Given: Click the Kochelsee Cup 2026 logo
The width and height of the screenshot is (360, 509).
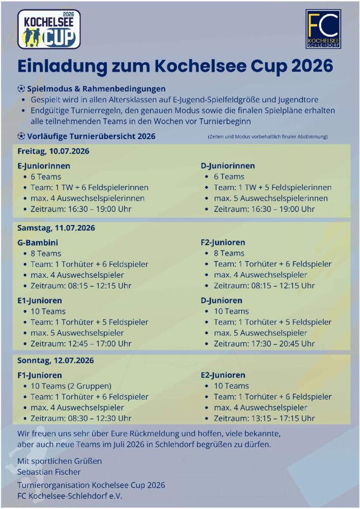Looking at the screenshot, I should pyautogui.click(x=49, y=29).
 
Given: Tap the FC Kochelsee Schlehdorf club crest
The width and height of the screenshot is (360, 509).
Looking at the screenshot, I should pyautogui.click(x=323, y=29).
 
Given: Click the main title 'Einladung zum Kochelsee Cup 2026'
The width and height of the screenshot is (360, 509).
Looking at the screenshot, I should pyautogui.click(x=175, y=66).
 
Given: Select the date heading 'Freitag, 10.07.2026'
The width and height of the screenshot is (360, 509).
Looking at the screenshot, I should pyautogui.click(x=53, y=151).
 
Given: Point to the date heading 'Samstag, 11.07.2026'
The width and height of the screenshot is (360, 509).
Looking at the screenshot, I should pyautogui.click(x=56, y=228).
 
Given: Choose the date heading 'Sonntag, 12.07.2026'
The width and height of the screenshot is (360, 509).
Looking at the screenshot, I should pyautogui.click(x=55, y=360).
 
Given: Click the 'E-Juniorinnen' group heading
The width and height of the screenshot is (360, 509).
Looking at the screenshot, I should pyautogui.click(x=44, y=166).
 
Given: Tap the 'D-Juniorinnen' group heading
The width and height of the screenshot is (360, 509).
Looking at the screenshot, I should pyautogui.click(x=228, y=166).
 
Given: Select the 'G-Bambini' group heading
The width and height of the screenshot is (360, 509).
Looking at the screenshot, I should pyautogui.click(x=38, y=243).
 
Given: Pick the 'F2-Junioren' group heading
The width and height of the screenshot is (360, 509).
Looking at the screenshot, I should pyautogui.click(x=223, y=243).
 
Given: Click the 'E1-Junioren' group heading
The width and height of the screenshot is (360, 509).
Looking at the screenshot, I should pyautogui.click(x=40, y=300).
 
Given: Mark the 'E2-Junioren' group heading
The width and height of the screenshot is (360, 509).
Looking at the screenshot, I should pyautogui.click(x=223, y=375).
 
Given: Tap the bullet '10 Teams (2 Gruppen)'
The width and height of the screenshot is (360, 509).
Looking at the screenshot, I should pyautogui.click(x=71, y=386).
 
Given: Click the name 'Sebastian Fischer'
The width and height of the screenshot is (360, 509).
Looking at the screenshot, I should pyautogui.click(x=49, y=472).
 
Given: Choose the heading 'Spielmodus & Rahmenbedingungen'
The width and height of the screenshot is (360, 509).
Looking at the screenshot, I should pyautogui.click(x=96, y=89).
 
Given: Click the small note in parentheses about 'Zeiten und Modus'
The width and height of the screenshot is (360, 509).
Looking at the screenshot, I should pyautogui.click(x=268, y=137).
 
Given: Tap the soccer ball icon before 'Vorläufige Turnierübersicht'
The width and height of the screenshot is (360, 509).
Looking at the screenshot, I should pyautogui.click(x=21, y=136).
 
